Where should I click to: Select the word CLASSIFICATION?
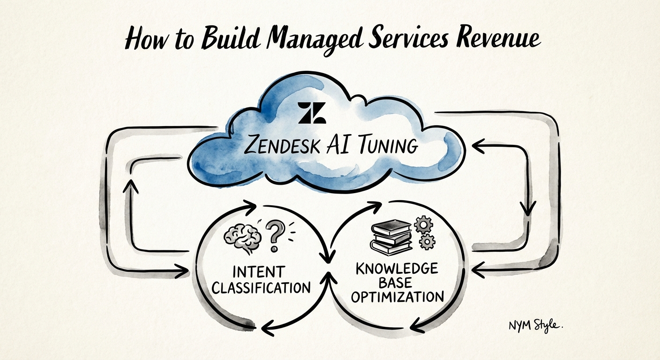261,287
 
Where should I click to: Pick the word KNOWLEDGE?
397,268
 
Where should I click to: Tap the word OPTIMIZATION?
397,297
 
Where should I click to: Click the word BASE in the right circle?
397,282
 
